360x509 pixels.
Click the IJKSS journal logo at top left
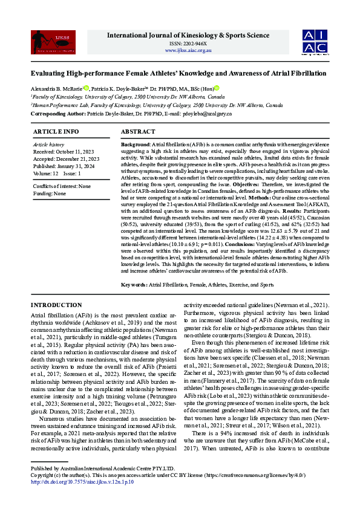[x=44, y=42]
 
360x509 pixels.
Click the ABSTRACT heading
[x=138, y=131]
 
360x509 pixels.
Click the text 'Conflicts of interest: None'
[x=62, y=186]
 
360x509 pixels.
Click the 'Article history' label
[x=48, y=145]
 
